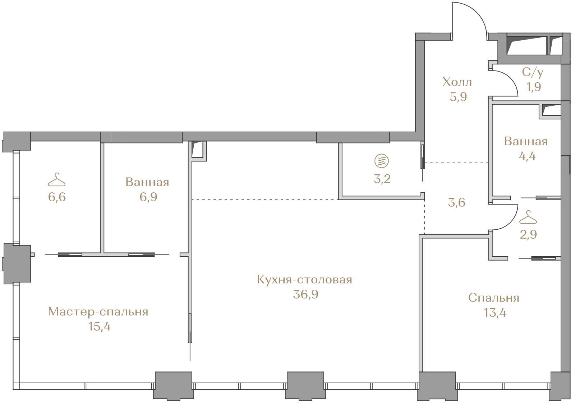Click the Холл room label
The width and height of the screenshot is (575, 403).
point(457,82)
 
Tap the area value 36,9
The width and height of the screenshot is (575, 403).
point(305,294)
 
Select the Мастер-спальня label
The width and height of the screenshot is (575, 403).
point(98,312)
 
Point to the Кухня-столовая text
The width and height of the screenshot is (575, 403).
point(304,280)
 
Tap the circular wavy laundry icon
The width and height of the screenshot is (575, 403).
point(381,161)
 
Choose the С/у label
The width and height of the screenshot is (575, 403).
point(533,73)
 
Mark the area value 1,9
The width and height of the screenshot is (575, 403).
point(534,87)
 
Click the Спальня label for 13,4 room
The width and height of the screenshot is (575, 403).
point(494,298)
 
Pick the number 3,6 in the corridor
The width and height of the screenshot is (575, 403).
point(457,203)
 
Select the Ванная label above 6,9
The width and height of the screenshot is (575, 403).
point(147,182)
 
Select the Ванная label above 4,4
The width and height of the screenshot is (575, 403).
point(526,142)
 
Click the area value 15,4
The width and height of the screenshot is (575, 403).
point(99,327)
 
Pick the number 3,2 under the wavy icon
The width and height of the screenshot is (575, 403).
point(382,179)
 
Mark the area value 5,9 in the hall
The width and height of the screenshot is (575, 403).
point(458,97)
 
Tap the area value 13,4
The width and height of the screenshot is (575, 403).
point(495,313)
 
